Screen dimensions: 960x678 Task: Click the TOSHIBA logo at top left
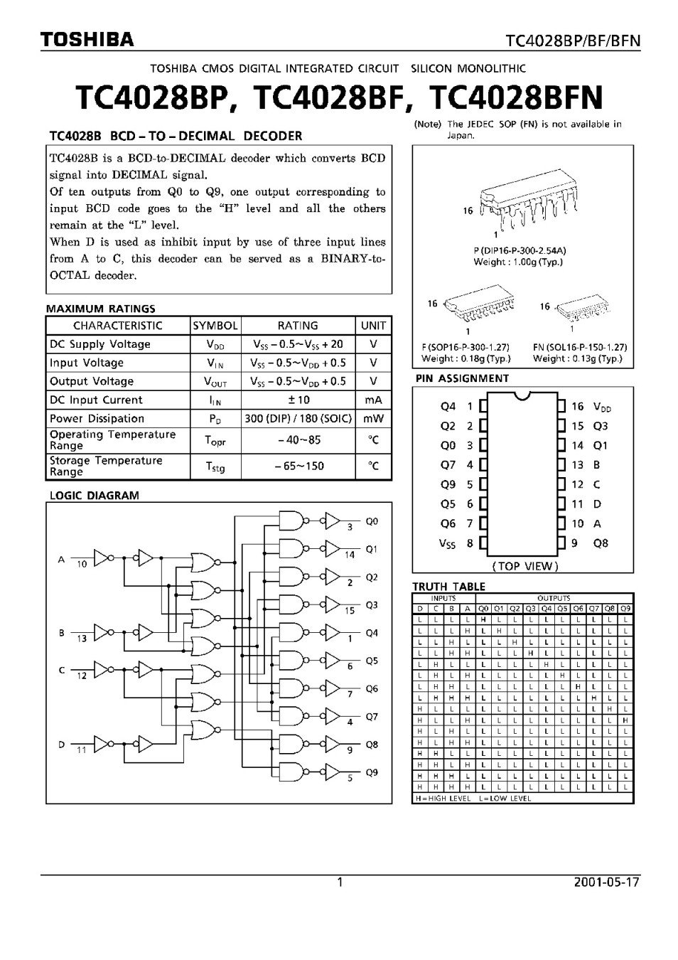pos(87,40)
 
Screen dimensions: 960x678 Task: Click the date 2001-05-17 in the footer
pos(606,882)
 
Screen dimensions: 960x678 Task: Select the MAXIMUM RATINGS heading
pos(100,309)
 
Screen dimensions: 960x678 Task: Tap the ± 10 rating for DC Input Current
pos(298,400)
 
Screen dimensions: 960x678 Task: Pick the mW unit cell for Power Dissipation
pos(373,419)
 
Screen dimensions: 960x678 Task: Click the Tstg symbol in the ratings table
pos(215,466)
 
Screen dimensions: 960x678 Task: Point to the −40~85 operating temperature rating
pos(298,440)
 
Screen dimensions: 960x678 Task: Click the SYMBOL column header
pos(215,326)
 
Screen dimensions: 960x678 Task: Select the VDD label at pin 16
pos(602,407)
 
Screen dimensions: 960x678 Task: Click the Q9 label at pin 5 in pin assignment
pos(448,484)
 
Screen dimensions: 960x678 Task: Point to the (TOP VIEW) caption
pos(524,566)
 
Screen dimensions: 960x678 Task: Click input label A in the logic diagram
pos(61,560)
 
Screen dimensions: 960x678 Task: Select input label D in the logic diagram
pos(61,745)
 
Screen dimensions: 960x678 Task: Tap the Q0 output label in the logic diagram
pos(372,521)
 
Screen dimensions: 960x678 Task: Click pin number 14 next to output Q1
pos(350,555)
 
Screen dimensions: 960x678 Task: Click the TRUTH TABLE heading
pos(448,587)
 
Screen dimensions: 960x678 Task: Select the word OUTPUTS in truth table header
pos(554,599)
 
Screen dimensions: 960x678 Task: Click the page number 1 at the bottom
pos(340,882)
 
